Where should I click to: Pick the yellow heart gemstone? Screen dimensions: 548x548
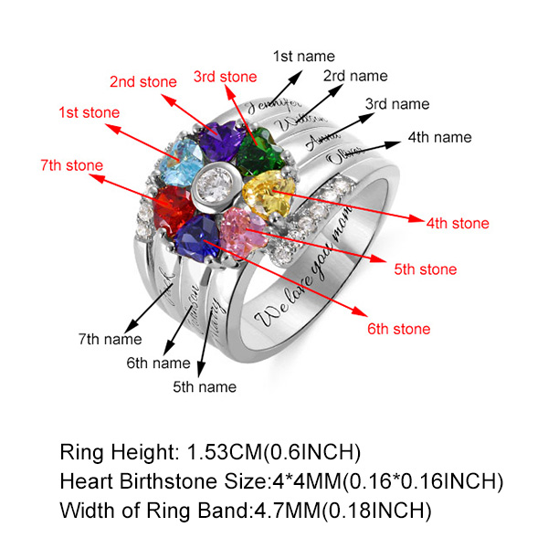tap(269, 193)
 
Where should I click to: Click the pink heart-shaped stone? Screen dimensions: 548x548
tap(244, 230)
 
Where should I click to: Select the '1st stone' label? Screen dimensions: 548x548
tap(90, 112)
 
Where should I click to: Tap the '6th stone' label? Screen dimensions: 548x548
tap(398, 329)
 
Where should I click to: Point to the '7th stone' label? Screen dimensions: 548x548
tap(71, 165)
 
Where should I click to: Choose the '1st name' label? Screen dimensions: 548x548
tap(303, 57)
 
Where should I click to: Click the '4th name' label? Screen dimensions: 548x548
tap(439, 137)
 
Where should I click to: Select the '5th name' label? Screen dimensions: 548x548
tap(204, 386)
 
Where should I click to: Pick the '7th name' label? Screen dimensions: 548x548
tap(110, 339)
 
